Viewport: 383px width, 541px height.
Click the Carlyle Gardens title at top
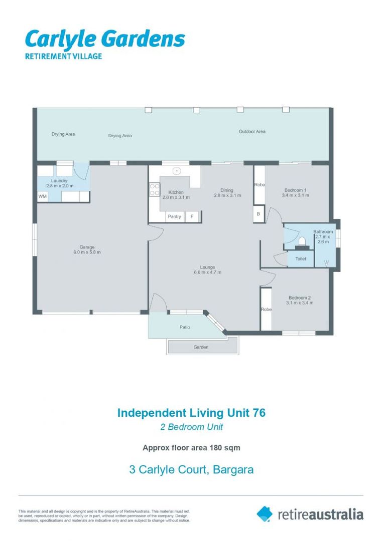tap(105, 39)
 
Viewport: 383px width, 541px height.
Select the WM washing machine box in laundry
tap(43, 196)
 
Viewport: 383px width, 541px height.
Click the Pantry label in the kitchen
tap(175, 217)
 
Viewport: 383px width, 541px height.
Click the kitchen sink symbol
tap(176, 171)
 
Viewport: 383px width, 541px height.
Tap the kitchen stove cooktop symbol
tap(155, 189)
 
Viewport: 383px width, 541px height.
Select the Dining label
tap(227, 190)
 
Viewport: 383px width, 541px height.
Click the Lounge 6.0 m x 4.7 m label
tap(207, 269)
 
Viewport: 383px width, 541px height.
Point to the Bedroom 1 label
tap(294, 190)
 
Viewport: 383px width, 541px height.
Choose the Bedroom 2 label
tap(299, 298)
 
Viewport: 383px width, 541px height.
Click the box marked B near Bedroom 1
tap(259, 214)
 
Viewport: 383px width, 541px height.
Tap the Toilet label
tap(300, 259)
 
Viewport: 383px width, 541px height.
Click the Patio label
tap(185, 327)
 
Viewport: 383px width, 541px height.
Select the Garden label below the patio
tap(201, 347)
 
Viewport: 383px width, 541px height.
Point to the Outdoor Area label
tap(252, 132)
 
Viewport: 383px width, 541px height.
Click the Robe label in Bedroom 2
tap(266, 310)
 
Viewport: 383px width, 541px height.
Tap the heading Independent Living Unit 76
tap(191, 413)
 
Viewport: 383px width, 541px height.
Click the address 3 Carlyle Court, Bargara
tap(191, 470)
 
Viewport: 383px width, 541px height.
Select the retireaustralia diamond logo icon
tap(265, 513)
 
